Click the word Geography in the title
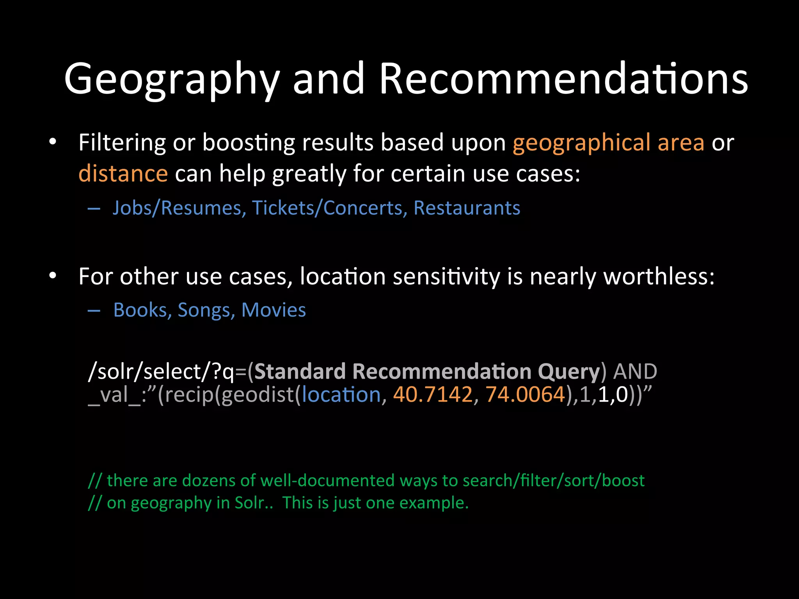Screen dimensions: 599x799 click(172, 79)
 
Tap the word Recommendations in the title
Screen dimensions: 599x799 click(563, 79)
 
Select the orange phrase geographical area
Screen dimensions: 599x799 click(608, 143)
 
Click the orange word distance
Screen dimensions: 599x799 click(123, 174)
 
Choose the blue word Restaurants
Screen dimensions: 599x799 click(467, 208)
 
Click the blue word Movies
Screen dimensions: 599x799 click(273, 310)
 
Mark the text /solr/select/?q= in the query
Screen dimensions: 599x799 click(161, 372)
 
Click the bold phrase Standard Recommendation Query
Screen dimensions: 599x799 click(427, 372)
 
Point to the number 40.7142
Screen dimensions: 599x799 click(433, 395)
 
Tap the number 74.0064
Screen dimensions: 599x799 click(525, 395)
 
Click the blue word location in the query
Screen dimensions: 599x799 click(341, 395)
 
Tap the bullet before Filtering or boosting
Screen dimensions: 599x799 click(53, 143)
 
